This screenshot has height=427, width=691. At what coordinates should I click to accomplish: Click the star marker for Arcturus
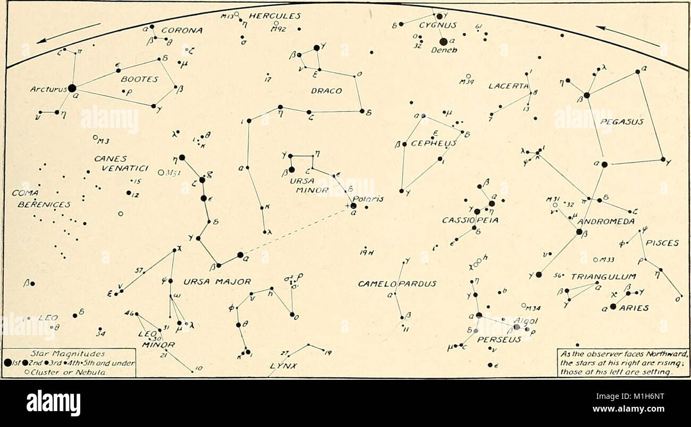pyautogui.click(x=72, y=88)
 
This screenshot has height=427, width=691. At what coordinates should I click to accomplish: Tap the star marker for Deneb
pyautogui.click(x=443, y=41)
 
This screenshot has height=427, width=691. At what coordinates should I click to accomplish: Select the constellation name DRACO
pyautogui.click(x=326, y=91)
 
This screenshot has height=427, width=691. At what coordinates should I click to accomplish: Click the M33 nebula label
pyautogui.click(x=606, y=260)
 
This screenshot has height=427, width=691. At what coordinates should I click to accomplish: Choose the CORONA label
pyautogui.click(x=182, y=30)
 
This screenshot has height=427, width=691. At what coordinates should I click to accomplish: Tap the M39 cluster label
pyautogui.click(x=467, y=83)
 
